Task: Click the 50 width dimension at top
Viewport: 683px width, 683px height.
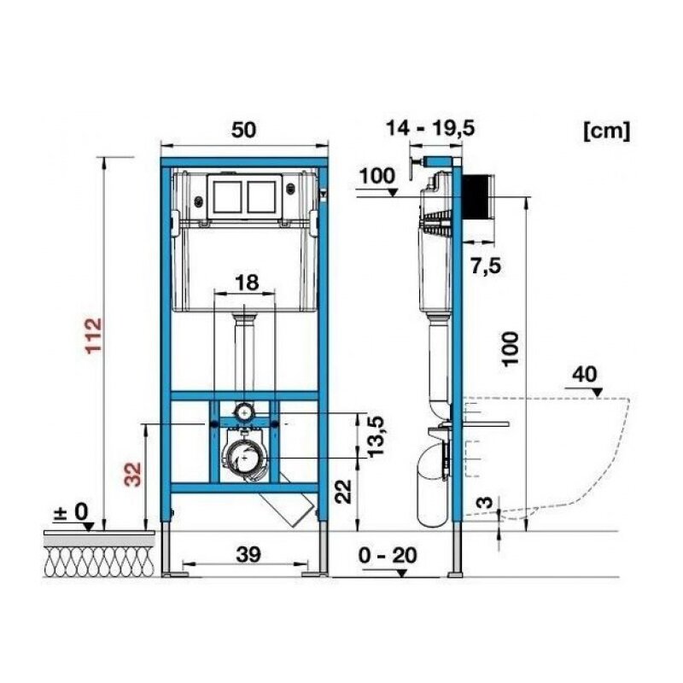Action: point(243,130)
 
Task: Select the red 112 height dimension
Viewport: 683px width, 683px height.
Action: point(94,336)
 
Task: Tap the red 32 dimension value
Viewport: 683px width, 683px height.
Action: point(133,474)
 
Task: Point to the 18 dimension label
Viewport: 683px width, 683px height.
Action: point(247,283)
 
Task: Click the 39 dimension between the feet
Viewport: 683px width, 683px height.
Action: point(248,554)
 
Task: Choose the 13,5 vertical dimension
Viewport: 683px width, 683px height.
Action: point(376,436)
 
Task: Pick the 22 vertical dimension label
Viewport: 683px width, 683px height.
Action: point(345,492)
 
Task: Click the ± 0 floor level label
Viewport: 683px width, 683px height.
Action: point(71,511)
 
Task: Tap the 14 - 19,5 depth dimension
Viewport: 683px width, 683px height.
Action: point(430,128)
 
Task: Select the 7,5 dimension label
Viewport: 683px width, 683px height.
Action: point(486,266)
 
